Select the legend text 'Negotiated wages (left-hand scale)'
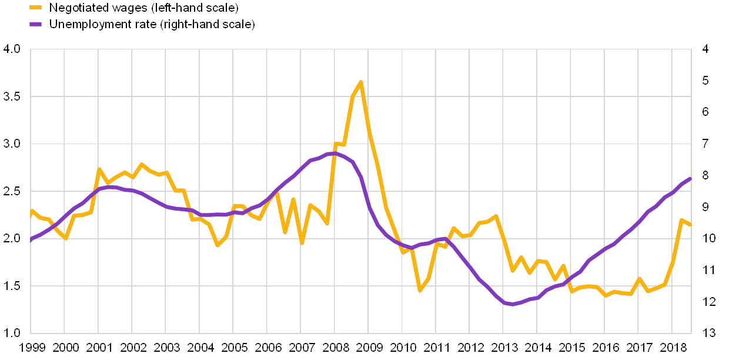144,8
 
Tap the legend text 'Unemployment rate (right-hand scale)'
152,24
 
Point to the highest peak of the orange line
361,82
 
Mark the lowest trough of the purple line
512,304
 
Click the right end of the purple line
690,178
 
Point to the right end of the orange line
690,225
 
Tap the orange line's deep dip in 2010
420,290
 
